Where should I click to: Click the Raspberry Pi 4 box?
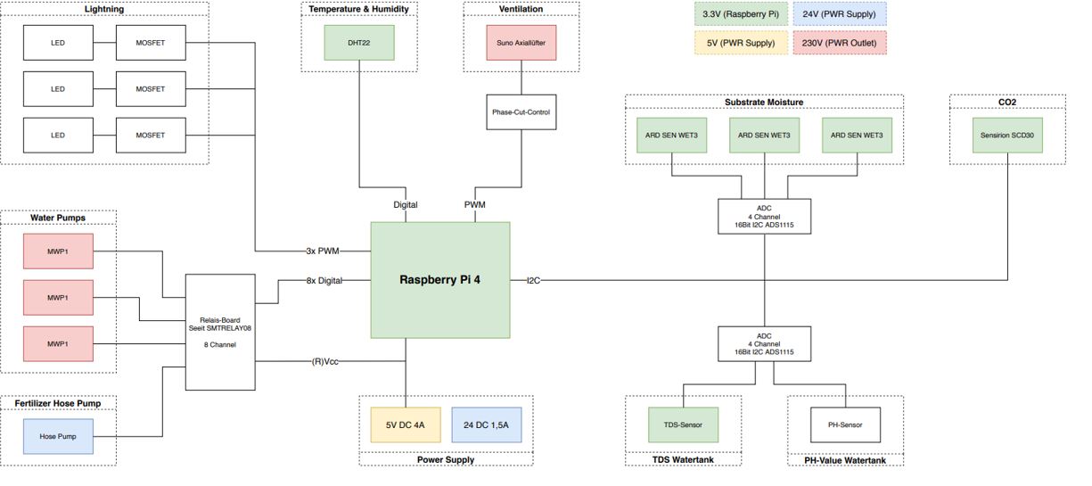(x=439, y=280)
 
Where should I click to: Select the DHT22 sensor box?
(x=358, y=42)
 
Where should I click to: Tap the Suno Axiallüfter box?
(x=521, y=42)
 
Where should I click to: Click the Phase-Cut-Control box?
(x=521, y=112)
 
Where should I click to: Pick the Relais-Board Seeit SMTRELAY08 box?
(x=220, y=332)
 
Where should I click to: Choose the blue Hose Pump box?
(x=58, y=437)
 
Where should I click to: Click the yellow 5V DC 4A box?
(x=405, y=425)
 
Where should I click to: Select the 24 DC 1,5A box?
(x=486, y=425)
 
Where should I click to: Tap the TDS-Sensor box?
(x=683, y=424)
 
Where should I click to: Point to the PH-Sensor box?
(x=845, y=424)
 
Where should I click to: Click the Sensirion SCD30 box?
(x=1006, y=135)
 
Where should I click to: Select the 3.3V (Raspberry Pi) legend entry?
(x=740, y=14)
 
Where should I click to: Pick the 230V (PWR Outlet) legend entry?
(x=839, y=42)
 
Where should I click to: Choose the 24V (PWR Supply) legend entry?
(x=839, y=14)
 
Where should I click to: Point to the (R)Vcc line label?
(x=324, y=361)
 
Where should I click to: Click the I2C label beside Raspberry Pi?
(x=533, y=280)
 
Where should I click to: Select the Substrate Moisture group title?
(x=764, y=102)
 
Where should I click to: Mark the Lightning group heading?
(x=104, y=9)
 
